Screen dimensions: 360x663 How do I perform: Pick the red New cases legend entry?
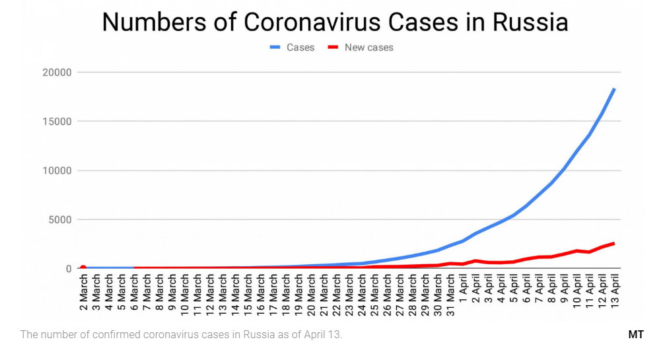pos(362,48)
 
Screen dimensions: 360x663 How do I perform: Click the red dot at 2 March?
pos(83,268)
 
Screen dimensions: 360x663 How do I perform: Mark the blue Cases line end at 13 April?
pos(614,89)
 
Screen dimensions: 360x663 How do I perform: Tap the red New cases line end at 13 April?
pos(614,243)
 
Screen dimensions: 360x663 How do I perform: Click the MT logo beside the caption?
pos(636,335)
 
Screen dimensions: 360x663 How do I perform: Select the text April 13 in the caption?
pos(324,335)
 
